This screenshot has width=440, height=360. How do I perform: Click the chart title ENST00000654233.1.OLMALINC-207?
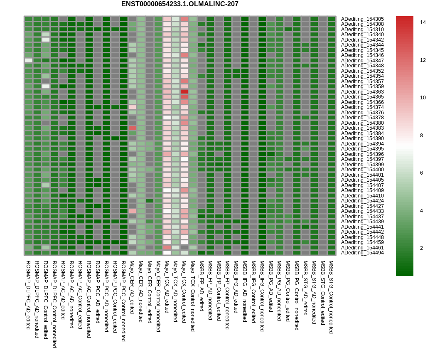179,4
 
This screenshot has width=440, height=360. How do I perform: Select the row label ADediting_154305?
362,19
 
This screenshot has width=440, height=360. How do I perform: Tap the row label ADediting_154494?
362,253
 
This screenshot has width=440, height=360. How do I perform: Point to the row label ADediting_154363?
362,92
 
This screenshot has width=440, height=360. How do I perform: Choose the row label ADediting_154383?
362,128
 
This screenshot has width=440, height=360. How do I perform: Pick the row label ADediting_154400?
362,170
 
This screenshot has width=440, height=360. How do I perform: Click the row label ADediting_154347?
362,61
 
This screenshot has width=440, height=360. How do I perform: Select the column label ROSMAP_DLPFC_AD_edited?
28,295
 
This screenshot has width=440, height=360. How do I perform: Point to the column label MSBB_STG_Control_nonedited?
331,297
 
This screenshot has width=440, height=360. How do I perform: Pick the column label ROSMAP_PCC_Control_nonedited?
123,301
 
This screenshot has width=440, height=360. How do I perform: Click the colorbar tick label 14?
423,22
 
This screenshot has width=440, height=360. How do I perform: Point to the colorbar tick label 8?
421,136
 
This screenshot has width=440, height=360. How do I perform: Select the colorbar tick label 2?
421,248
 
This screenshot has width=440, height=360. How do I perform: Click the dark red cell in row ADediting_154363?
184,91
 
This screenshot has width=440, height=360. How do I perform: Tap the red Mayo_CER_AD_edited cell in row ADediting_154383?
132,128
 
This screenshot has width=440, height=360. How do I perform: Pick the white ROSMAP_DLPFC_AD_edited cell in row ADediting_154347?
28,60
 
